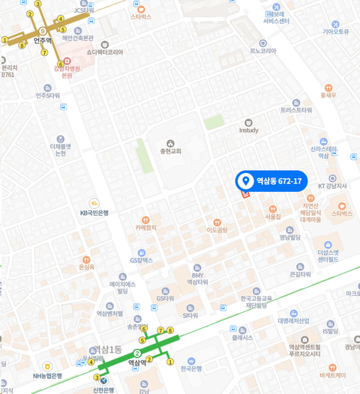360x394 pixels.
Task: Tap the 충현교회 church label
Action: click(170, 151)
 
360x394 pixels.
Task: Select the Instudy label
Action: click(248, 130)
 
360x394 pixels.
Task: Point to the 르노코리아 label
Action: click(262, 51)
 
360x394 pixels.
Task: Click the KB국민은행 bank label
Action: click(94, 213)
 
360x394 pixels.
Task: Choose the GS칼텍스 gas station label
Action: click(141, 261)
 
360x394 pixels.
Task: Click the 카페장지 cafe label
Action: click(145, 227)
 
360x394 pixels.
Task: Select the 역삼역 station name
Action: click(137, 363)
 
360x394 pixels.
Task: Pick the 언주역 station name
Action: click(42, 40)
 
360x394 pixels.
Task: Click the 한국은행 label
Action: click(190, 368)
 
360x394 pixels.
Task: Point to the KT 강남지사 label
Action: click(333, 186)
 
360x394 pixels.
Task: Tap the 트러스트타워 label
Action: click(296, 109)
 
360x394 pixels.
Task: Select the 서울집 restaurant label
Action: click(273, 216)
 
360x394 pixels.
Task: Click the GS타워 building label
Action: click(165, 297)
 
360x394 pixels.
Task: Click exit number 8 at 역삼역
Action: click(170, 330)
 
